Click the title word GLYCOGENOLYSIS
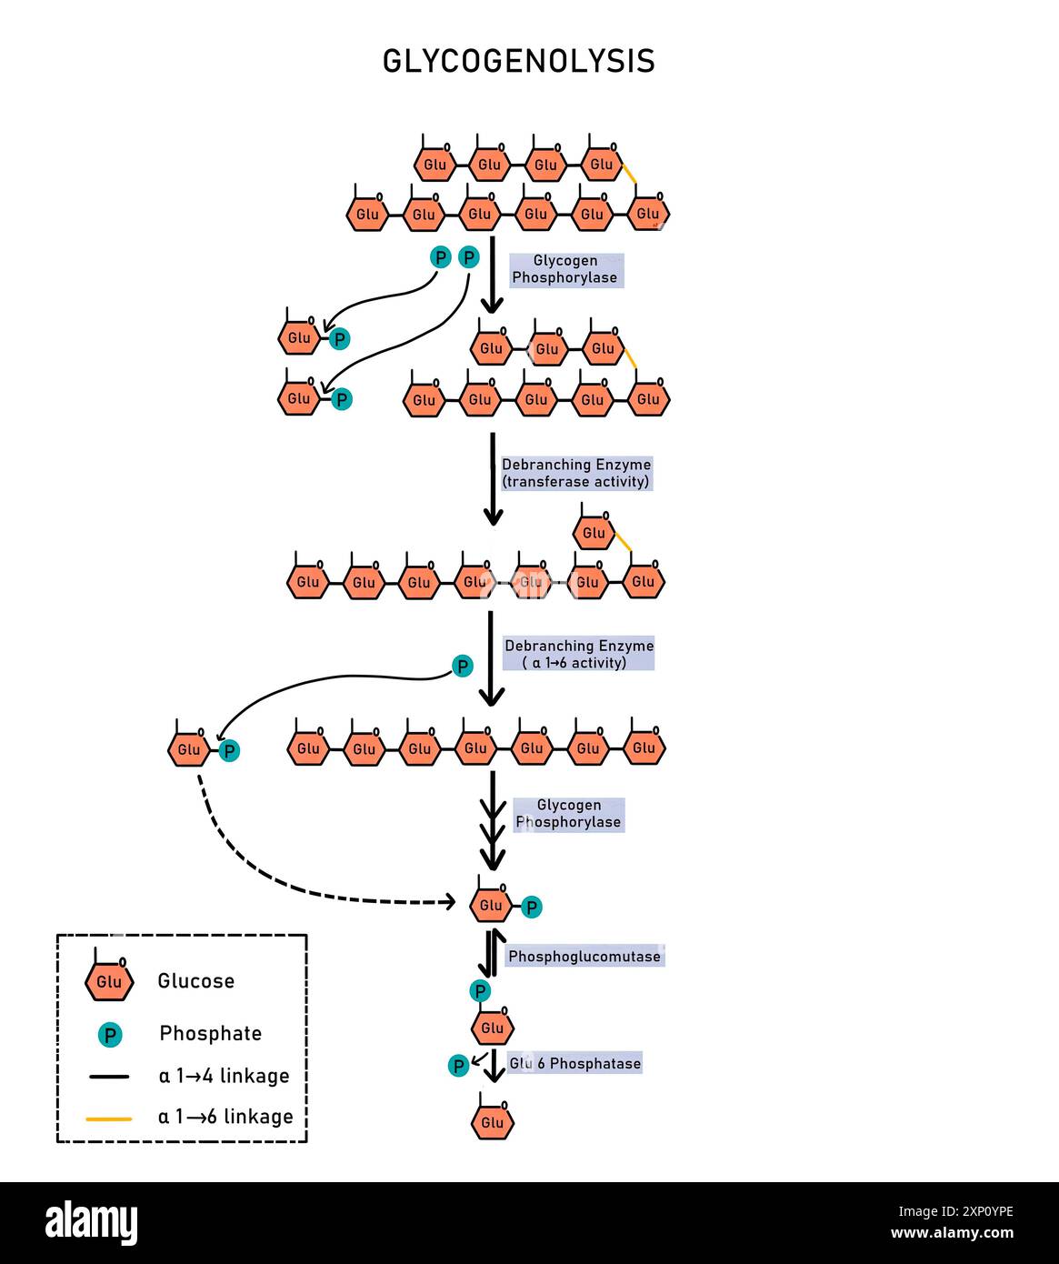(x=518, y=61)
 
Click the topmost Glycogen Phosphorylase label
(x=565, y=269)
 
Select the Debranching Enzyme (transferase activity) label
(x=576, y=473)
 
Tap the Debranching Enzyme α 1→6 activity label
(x=579, y=654)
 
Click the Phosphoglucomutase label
(x=584, y=957)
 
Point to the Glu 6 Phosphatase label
(x=574, y=1063)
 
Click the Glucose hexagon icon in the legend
(x=109, y=980)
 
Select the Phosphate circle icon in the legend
(x=110, y=1034)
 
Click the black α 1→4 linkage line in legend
(x=109, y=1077)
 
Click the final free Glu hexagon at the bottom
(x=493, y=1121)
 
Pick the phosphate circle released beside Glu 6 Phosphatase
(x=459, y=1066)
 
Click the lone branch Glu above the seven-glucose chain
(x=594, y=533)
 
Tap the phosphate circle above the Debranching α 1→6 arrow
(x=463, y=667)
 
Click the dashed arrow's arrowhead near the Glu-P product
(x=448, y=901)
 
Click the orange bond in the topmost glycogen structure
(x=628, y=171)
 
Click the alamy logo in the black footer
(x=91, y=1223)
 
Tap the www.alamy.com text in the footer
(x=951, y=1234)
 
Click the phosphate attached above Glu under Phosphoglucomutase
(x=480, y=990)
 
